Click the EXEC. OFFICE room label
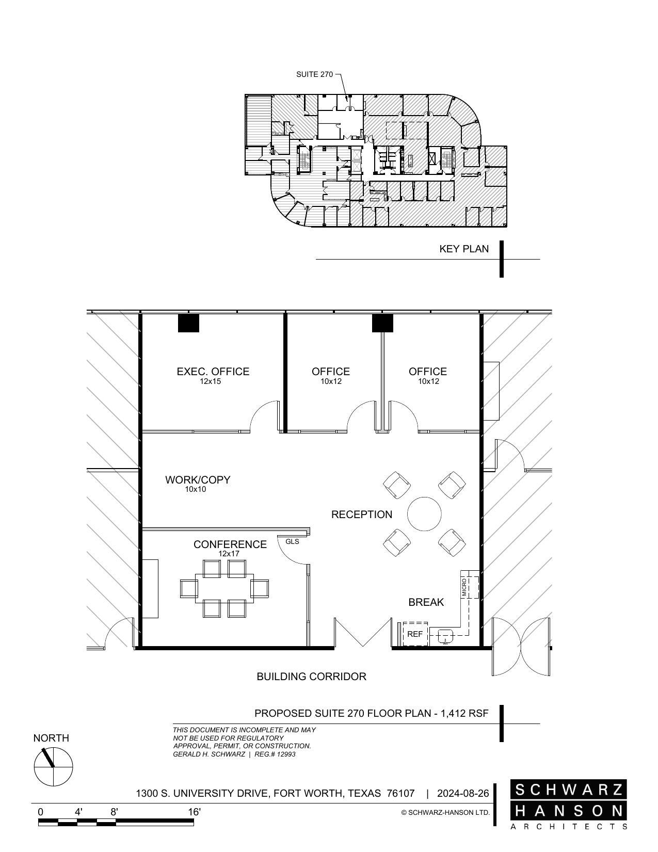213,372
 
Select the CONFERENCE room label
230,544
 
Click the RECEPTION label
361,515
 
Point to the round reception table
424,514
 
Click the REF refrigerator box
415,634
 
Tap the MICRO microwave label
464,587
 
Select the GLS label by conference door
292,541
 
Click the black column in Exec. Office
188,323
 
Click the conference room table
224,588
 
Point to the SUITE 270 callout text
314,74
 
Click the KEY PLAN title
463,249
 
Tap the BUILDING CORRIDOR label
311,677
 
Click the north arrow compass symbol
53,766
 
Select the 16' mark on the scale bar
194,812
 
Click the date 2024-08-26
462,793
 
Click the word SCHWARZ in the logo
569,790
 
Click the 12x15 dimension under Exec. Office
211,382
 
